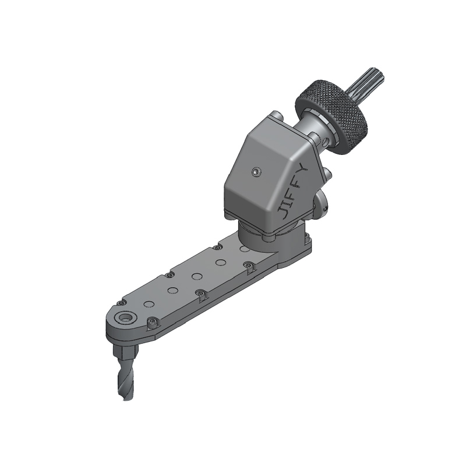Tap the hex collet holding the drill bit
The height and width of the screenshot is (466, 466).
[x=124, y=351]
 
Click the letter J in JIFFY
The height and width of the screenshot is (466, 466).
[x=283, y=212]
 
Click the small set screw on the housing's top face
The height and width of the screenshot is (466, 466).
[x=256, y=171]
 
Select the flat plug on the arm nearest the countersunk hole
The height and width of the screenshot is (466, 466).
[x=149, y=303]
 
